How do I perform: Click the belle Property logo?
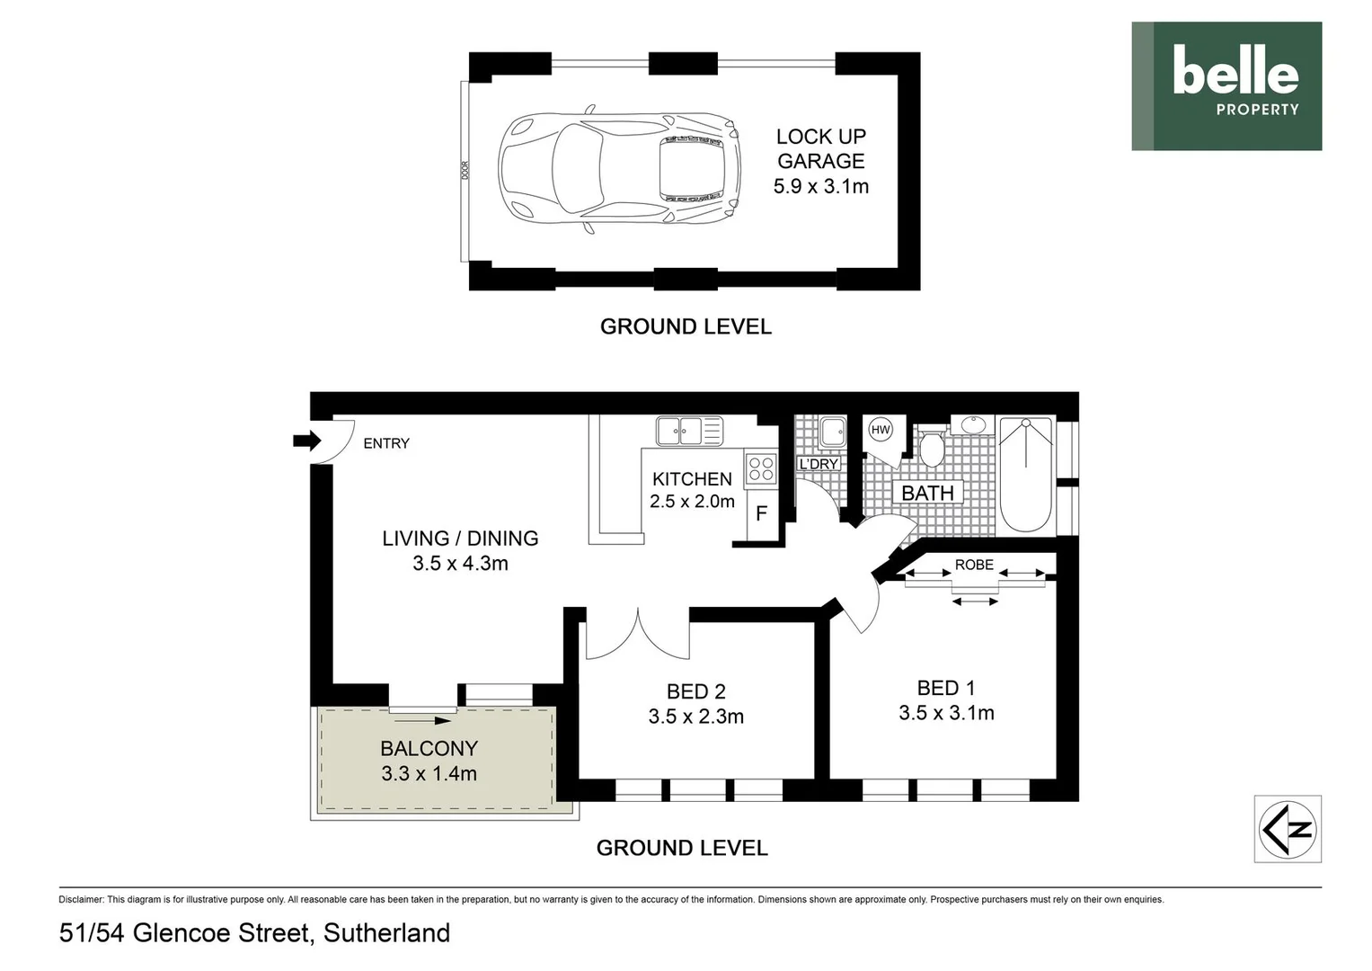click(x=1226, y=85)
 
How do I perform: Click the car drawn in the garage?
click(x=619, y=168)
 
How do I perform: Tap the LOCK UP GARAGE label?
click(x=820, y=148)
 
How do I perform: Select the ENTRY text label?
click(x=385, y=443)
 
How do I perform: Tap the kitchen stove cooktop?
click(x=761, y=468)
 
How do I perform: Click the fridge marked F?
click(x=761, y=513)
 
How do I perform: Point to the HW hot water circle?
click(x=881, y=430)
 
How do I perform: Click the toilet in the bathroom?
click(x=932, y=447)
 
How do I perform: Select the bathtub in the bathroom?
click(x=1025, y=474)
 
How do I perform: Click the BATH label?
click(x=927, y=493)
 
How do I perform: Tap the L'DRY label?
click(x=818, y=464)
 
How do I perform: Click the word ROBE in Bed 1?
click(x=974, y=565)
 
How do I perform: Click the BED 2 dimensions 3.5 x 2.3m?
click(x=695, y=717)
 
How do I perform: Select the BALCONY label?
click(x=429, y=748)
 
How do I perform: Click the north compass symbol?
click(x=1287, y=829)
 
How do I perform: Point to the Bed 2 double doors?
click(x=638, y=634)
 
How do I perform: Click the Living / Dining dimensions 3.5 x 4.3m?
click(x=460, y=564)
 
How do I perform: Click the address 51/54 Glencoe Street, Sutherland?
click(x=254, y=933)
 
